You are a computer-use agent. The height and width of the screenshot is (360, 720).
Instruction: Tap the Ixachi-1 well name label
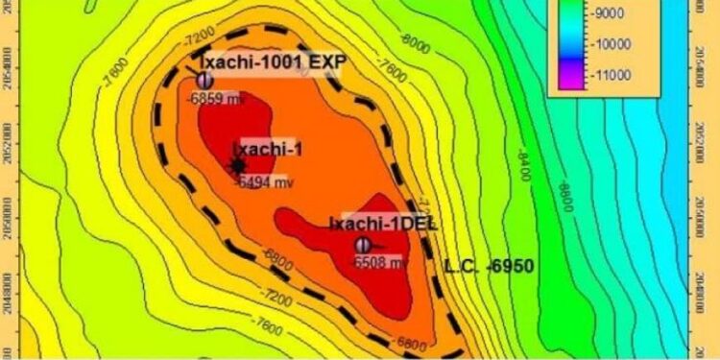pos(269,148)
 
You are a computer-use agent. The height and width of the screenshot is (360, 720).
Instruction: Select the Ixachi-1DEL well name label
pos(382,223)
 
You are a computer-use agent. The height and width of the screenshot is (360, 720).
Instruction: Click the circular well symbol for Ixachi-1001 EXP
pos(204,80)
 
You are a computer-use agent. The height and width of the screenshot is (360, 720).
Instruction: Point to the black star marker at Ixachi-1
pos(239,165)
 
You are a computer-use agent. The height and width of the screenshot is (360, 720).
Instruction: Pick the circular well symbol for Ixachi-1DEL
pos(363,245)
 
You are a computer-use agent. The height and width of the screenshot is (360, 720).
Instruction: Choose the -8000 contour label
pos(416,41)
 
